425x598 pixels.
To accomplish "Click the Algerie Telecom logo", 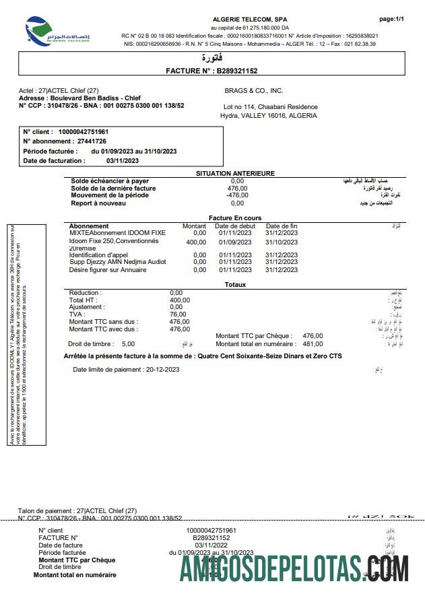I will pos(57,31).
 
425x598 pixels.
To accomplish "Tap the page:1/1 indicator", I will pos(391,20).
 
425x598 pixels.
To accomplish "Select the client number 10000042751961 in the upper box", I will pos(84,131).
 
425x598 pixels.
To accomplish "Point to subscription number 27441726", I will pos(92,141).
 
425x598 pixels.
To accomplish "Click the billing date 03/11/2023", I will pos(123,161).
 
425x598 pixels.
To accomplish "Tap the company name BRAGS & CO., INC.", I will pos(253,90).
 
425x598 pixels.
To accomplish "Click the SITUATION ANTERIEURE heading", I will pos(235,173).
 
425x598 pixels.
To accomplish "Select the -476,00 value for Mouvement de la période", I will pos(237,195).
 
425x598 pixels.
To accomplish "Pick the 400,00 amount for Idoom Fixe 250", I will pos(196,242).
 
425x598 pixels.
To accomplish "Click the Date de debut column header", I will pos(235,226).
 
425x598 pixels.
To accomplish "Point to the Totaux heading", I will pos(235,285).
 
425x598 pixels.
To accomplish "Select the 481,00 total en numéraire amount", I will pos(313,343).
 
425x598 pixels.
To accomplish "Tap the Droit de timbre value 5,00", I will pos(128,343).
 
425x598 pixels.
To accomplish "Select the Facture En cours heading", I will pos(235,218).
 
